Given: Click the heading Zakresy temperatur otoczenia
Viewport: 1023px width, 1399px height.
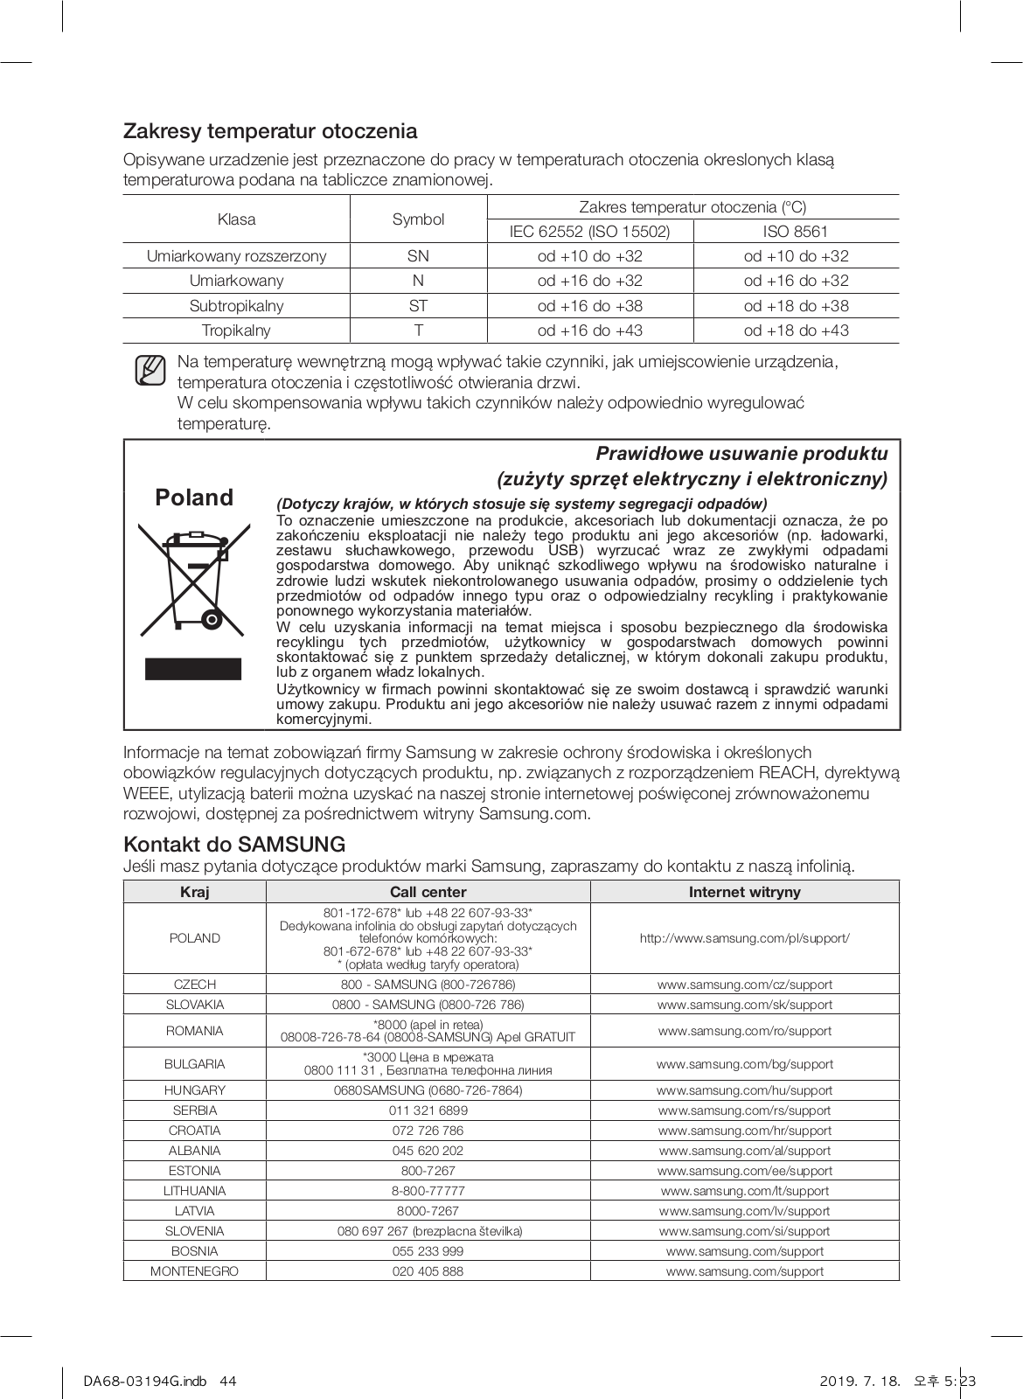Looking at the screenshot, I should pyautogui.click(x=270, y=132).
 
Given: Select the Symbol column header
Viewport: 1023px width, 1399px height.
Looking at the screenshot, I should pyautogui.click(x=418, y=219).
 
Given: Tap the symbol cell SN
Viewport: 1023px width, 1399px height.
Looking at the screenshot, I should pyautogui.click(x=418, y=256).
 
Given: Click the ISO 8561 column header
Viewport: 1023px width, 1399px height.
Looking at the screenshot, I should pyautogui.click(x=796, y=232).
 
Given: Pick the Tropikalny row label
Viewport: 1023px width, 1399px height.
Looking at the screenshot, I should pyautogui.click(x=236, y=331).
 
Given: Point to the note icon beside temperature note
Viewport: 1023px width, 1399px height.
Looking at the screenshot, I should pyautogui.click(x=150, y=371).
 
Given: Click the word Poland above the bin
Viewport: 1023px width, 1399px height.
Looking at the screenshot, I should pyautogui.click(x=194, y=498).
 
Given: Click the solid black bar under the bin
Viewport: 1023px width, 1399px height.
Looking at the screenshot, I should pyautogui.click(x=192, y=669).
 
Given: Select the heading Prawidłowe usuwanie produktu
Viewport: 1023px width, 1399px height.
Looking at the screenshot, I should pyautogui.click(x=741, y=454).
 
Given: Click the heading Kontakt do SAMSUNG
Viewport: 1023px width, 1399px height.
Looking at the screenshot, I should pyautogui.click(x=234, y=845).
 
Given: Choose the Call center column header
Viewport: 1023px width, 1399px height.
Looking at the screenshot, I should pyautogui.click(x=428, y=892).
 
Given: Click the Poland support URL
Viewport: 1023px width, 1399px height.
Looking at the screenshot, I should pyautogui.click(x=744, y=938).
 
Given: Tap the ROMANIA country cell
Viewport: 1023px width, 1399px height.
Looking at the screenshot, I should pyautogui.click(x=194, y=1031).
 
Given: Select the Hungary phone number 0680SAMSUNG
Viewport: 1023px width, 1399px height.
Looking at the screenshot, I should pyautogui.click(x=428, y=1090).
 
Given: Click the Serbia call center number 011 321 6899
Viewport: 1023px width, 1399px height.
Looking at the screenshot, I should pyautogui.click(x=428, y=1110).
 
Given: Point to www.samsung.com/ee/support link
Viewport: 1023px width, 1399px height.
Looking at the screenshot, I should pyautogui.click(x=744, y=1171).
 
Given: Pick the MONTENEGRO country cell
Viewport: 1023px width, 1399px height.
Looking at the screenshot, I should pyautogui.click(x=194, y=1271).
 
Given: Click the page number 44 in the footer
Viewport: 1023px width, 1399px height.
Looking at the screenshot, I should pyautogui.click(x=228, y=1382).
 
